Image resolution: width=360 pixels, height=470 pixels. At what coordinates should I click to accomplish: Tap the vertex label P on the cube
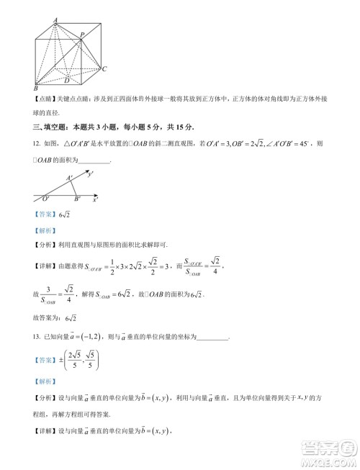pos(83,35)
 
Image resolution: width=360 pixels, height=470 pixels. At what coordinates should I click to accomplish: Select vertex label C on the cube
pos(104,69)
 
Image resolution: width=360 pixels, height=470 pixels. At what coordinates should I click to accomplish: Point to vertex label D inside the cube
pos(67,71)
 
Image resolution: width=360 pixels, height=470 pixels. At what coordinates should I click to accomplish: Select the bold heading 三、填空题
pos(48,127)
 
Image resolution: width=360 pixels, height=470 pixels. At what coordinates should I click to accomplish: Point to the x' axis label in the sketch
pos(96,197)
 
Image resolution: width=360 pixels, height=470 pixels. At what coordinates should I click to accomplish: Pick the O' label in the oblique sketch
pos(45,198)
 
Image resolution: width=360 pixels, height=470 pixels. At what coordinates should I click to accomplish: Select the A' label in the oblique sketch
pos(69,178)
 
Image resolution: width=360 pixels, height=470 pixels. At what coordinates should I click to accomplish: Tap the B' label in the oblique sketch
pos(77,199)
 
